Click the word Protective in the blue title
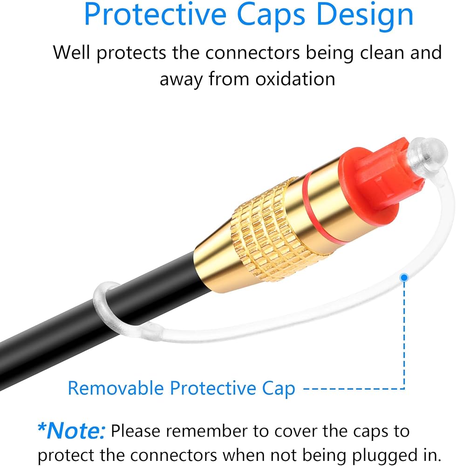click(x=155, y=14)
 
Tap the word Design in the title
click(x=365, y=15)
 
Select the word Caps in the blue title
click(x=271, y=15)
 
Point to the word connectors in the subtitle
click(x=252, y=53)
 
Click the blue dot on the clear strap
click(x=404, y=278)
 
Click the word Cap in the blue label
click(x=279, y=389)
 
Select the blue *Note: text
click(x=71, y=430)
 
